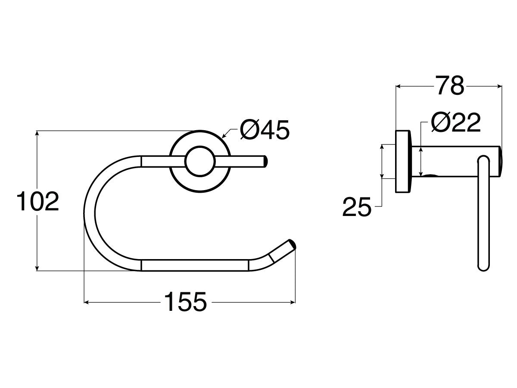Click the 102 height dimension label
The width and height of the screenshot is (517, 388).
37,202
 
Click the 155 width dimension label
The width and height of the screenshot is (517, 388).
186,302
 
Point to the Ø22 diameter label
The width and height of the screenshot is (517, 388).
455,123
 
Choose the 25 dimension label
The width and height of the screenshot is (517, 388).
357,208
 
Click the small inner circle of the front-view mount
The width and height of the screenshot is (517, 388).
200,161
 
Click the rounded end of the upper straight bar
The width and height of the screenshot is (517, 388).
265,161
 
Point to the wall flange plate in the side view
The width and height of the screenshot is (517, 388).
403,161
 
